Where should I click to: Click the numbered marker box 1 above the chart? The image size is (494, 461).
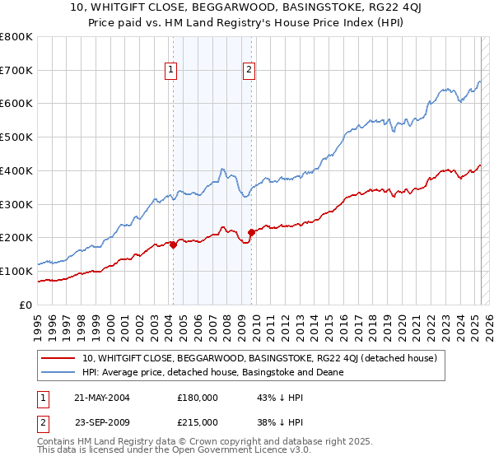pyautogui.click(x=171, y=70)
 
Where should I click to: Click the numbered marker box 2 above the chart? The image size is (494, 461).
pyautogui.click(x=249, y=70)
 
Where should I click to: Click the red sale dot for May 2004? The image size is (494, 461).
pyautogui.click(x=173, y=244)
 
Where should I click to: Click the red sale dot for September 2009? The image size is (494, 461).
pyautogui.click(x=251, y=232)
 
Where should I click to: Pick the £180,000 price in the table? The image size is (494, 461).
pyautogui.click(x=197, y=397)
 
